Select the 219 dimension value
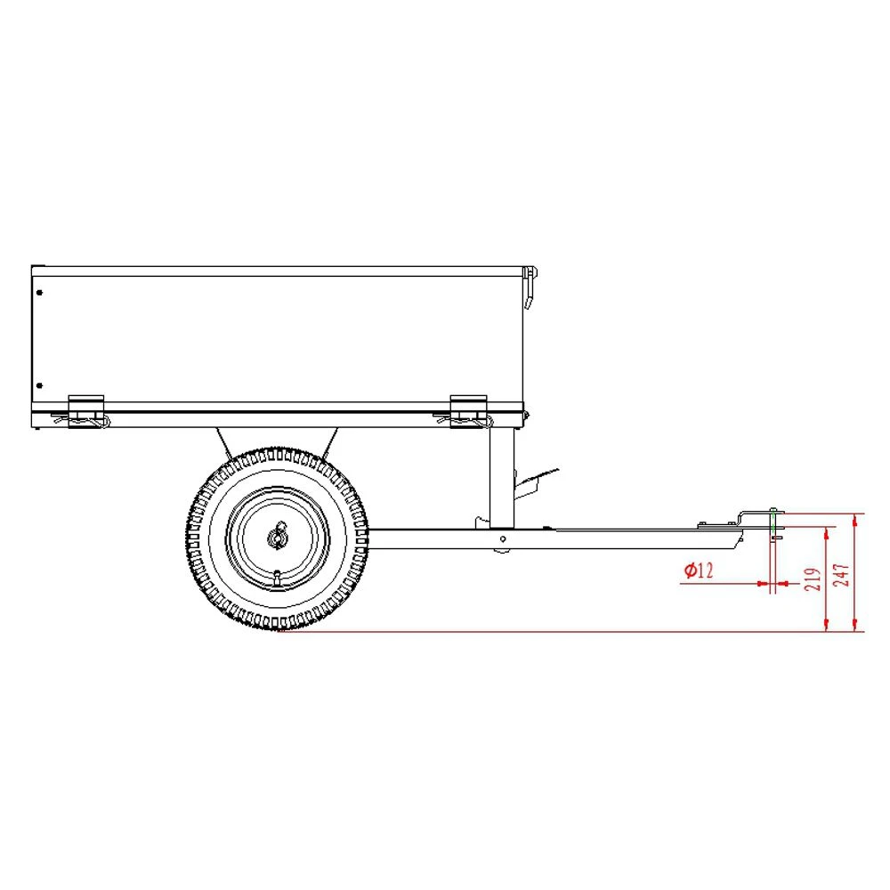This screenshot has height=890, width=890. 812,579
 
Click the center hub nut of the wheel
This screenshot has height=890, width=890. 277,538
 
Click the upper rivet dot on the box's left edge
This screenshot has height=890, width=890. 39,291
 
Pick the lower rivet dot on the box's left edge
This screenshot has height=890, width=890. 39,385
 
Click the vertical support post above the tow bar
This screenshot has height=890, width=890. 502,476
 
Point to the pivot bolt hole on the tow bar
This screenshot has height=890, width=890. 504,538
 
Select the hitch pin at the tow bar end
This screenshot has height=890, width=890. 774,525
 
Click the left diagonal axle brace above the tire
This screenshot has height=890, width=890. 222,441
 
